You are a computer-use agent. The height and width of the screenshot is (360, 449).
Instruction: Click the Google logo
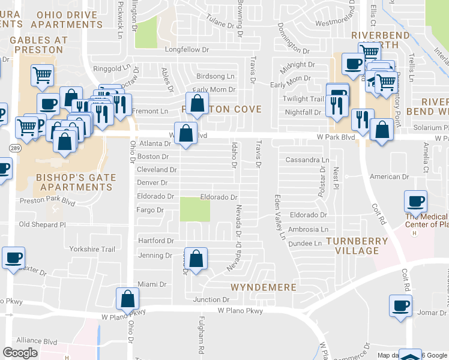(x=20, y=353)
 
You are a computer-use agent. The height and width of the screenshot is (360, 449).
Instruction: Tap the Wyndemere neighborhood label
(x=264, y=287)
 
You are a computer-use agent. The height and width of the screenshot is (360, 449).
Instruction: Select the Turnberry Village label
(x=352, y=245)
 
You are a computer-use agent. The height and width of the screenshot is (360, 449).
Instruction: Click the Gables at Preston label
(x=39, y=45)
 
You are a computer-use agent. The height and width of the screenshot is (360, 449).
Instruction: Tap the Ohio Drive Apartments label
(x=66, y=19)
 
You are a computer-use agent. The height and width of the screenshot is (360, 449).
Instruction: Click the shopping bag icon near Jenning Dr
(x=196, y=259)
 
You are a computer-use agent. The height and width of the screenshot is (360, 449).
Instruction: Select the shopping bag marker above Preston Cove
(x=197, y=104)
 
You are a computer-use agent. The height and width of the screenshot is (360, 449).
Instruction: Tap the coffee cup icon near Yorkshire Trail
(x=13, y=258)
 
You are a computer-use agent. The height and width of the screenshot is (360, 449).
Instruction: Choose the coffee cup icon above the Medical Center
(x=415, y=201)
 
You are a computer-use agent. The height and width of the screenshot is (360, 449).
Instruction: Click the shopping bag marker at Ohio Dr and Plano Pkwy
(x=127, y=298)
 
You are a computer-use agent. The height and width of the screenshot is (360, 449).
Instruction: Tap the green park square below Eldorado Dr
(x=195, y=210)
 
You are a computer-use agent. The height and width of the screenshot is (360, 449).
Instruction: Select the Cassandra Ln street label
(x=307, y=160)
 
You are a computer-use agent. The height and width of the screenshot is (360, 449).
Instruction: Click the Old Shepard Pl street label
(x=42, y=224)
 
